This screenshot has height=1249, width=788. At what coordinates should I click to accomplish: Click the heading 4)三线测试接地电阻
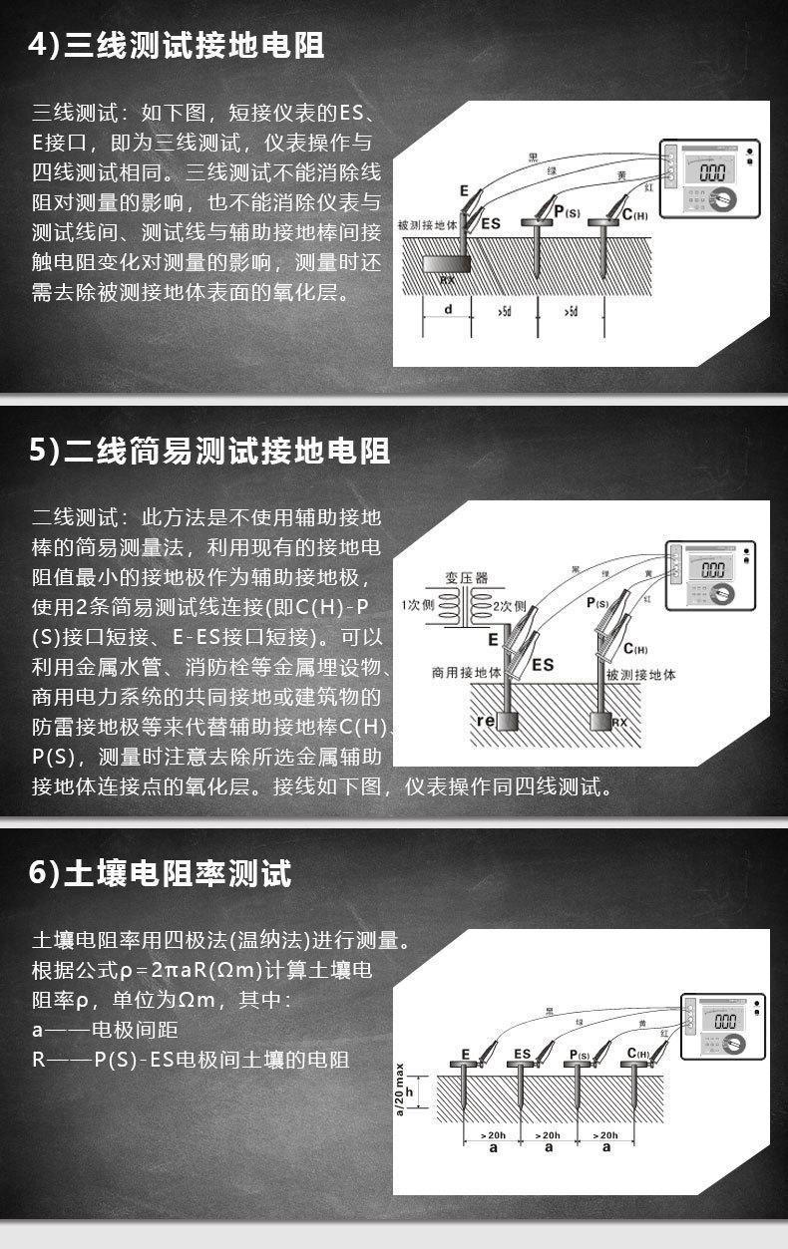[x=177, y=46]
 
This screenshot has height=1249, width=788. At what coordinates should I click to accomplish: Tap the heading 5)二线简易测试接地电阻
[x=209, y=451]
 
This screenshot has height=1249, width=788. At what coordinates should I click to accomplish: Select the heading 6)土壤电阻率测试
[x=161, y=873]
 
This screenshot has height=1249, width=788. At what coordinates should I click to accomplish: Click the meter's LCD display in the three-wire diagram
[x=711, y=171]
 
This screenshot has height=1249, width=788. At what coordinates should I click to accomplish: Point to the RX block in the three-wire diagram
[x=446, y=266]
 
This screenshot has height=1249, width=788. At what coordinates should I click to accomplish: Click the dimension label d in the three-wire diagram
[x=448, y=310]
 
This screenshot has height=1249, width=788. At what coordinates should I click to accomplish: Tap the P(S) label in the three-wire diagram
[x=566, y=211]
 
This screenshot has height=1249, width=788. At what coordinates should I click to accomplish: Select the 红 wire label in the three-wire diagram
[x=648, y=186]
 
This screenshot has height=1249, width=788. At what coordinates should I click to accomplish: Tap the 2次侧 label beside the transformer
[x=509, y=605]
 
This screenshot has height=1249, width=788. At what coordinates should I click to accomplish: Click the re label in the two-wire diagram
[x=488, y=719]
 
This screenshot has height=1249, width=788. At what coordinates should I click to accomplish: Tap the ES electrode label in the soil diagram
[x=522, y=1053]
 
